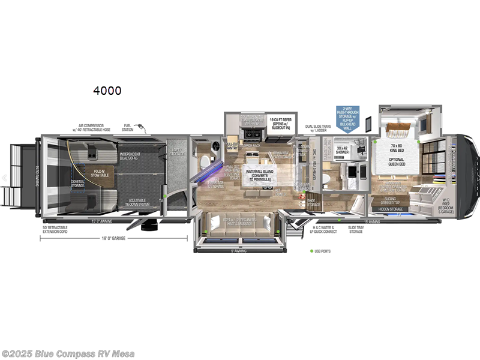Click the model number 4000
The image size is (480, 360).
point(107,91)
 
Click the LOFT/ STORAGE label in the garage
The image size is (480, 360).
point(176,151)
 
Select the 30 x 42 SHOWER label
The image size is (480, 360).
point(342,150)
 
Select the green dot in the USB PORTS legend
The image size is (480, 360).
point(312,251)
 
